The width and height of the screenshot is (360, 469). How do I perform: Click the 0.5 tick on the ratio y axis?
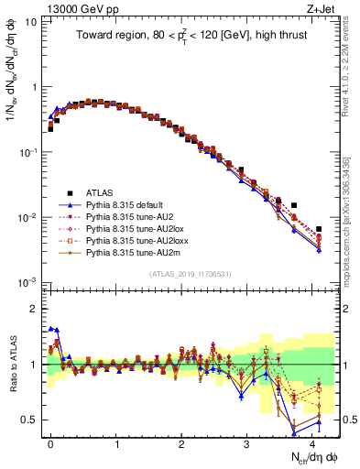pyautogui.click(x=29, y=420)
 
